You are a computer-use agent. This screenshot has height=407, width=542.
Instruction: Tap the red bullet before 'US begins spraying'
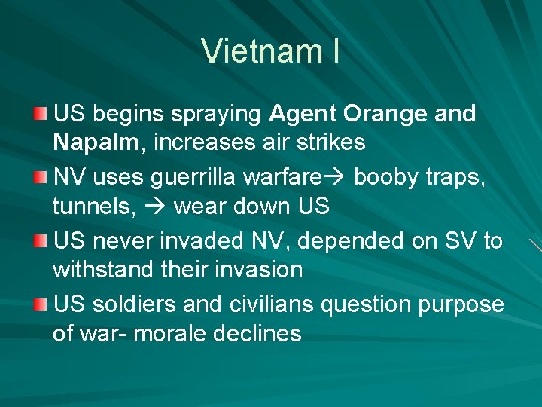pos(40,114)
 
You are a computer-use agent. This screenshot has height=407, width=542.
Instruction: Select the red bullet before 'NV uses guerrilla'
pos(40,177)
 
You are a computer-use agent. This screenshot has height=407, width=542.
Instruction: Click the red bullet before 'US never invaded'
pos(40,241)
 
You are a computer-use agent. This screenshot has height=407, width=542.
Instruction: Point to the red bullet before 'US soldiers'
pos(40,304)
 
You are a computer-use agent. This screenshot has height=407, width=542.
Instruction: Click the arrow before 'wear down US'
pos(156,206)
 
